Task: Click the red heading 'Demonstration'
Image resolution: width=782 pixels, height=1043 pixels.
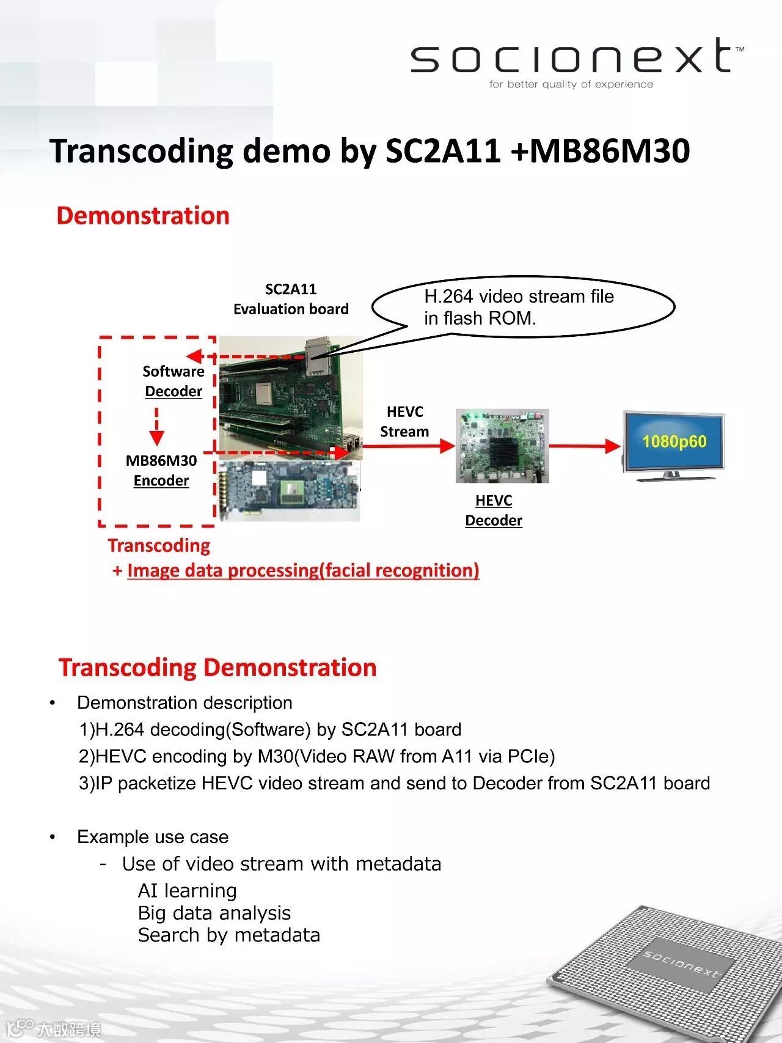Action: click(143, 216)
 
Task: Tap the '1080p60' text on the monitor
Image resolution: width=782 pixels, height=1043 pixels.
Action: click(674, 441)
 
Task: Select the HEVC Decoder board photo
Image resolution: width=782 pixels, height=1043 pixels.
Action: click(502, 446)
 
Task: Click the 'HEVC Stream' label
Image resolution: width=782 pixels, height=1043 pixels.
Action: click(404, 422)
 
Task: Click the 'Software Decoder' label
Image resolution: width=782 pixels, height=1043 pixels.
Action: click(174, 381)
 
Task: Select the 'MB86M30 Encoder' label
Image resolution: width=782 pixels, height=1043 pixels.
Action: click(161, 470)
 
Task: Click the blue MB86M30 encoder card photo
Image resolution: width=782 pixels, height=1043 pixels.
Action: click(290, 491)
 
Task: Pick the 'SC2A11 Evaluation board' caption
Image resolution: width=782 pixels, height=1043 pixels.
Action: click(291, 299)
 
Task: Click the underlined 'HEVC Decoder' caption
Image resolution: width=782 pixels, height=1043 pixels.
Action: click(494, 510)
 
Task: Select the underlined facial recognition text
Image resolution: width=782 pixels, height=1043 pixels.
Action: click(303, 570)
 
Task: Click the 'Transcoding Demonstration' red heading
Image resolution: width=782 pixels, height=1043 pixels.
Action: click(217, 668)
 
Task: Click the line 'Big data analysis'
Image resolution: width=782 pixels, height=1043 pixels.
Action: click(214, 913)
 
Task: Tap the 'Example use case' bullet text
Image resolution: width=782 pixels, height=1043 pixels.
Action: click(153, 837)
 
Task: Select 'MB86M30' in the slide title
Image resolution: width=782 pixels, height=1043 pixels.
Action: click(610, 151)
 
